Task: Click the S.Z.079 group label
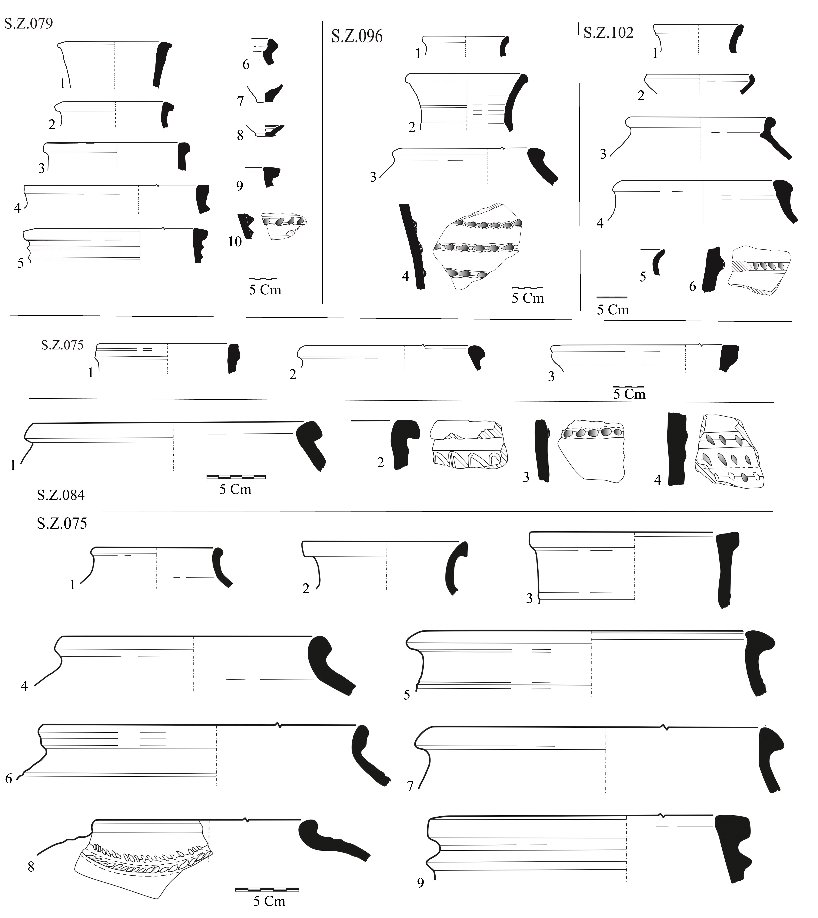28,23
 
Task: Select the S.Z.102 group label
608,32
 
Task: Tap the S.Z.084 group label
61,495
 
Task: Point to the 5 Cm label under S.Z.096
528,298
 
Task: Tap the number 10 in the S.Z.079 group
235,242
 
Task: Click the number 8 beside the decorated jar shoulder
31,867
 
